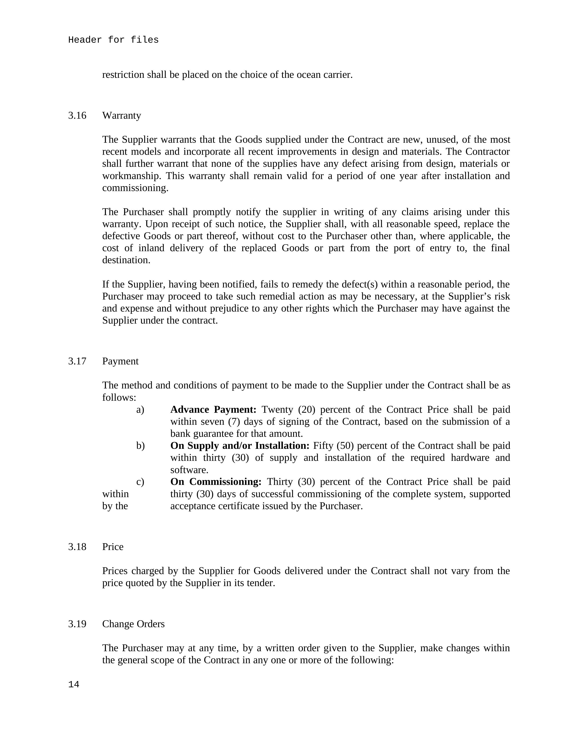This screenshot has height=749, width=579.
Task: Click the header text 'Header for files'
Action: click(113, 40)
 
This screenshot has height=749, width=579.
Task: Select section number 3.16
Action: click(77, 115)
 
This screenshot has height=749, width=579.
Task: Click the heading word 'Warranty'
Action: click(121, 115)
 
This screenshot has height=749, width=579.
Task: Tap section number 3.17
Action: click(77, 361)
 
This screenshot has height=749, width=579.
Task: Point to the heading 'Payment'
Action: click(120, 361)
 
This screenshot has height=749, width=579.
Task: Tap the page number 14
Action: click(74, 685)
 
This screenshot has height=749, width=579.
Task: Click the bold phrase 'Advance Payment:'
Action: click(213, 410)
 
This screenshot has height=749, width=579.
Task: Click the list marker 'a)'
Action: click(140, 410)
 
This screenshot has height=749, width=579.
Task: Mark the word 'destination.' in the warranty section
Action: click(126, 260)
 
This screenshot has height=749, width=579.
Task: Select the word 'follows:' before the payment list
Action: click(119, 398)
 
